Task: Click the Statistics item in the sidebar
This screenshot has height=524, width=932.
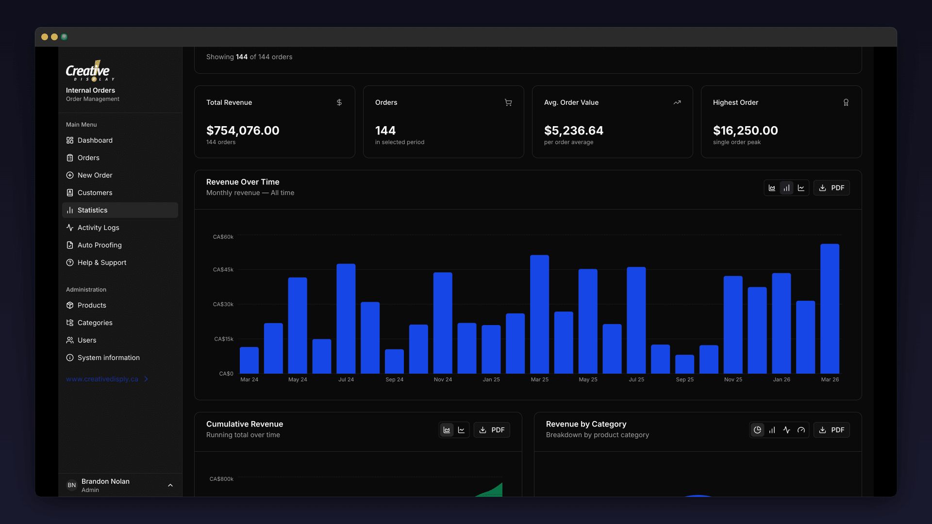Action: (x=92, y=210)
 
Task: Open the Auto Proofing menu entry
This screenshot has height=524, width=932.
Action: (x=99, y=245)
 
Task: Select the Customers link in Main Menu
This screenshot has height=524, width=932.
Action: (x=95, y=193)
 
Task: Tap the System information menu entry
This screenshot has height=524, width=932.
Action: (x=108, y=358)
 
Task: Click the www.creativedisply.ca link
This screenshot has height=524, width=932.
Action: (x=102, y=379)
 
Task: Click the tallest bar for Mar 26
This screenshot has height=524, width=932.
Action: (x=830, y=309)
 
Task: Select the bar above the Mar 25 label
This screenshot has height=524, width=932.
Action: (x=539, y=314)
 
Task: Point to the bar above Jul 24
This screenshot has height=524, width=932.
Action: (x=346, y=319)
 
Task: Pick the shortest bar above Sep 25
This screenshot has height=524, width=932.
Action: (x=684, y=364)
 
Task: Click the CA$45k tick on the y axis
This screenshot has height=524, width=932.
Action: (x=223, y=270)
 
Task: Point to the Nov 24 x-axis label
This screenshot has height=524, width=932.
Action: (x=443, y=379)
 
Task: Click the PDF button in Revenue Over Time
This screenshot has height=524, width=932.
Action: (x=832, y=188)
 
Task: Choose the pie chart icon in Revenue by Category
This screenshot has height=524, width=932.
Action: (x=757, y=430)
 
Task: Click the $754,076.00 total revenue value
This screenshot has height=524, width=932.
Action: (x=243, y=131)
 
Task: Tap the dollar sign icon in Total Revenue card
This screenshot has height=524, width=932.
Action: (x=339, y=102)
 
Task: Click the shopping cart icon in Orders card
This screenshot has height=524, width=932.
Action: (x=508, y=102)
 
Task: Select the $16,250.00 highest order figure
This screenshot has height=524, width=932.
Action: (x=745, y=131)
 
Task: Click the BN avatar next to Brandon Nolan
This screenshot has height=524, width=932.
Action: (x=72, y=485)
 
